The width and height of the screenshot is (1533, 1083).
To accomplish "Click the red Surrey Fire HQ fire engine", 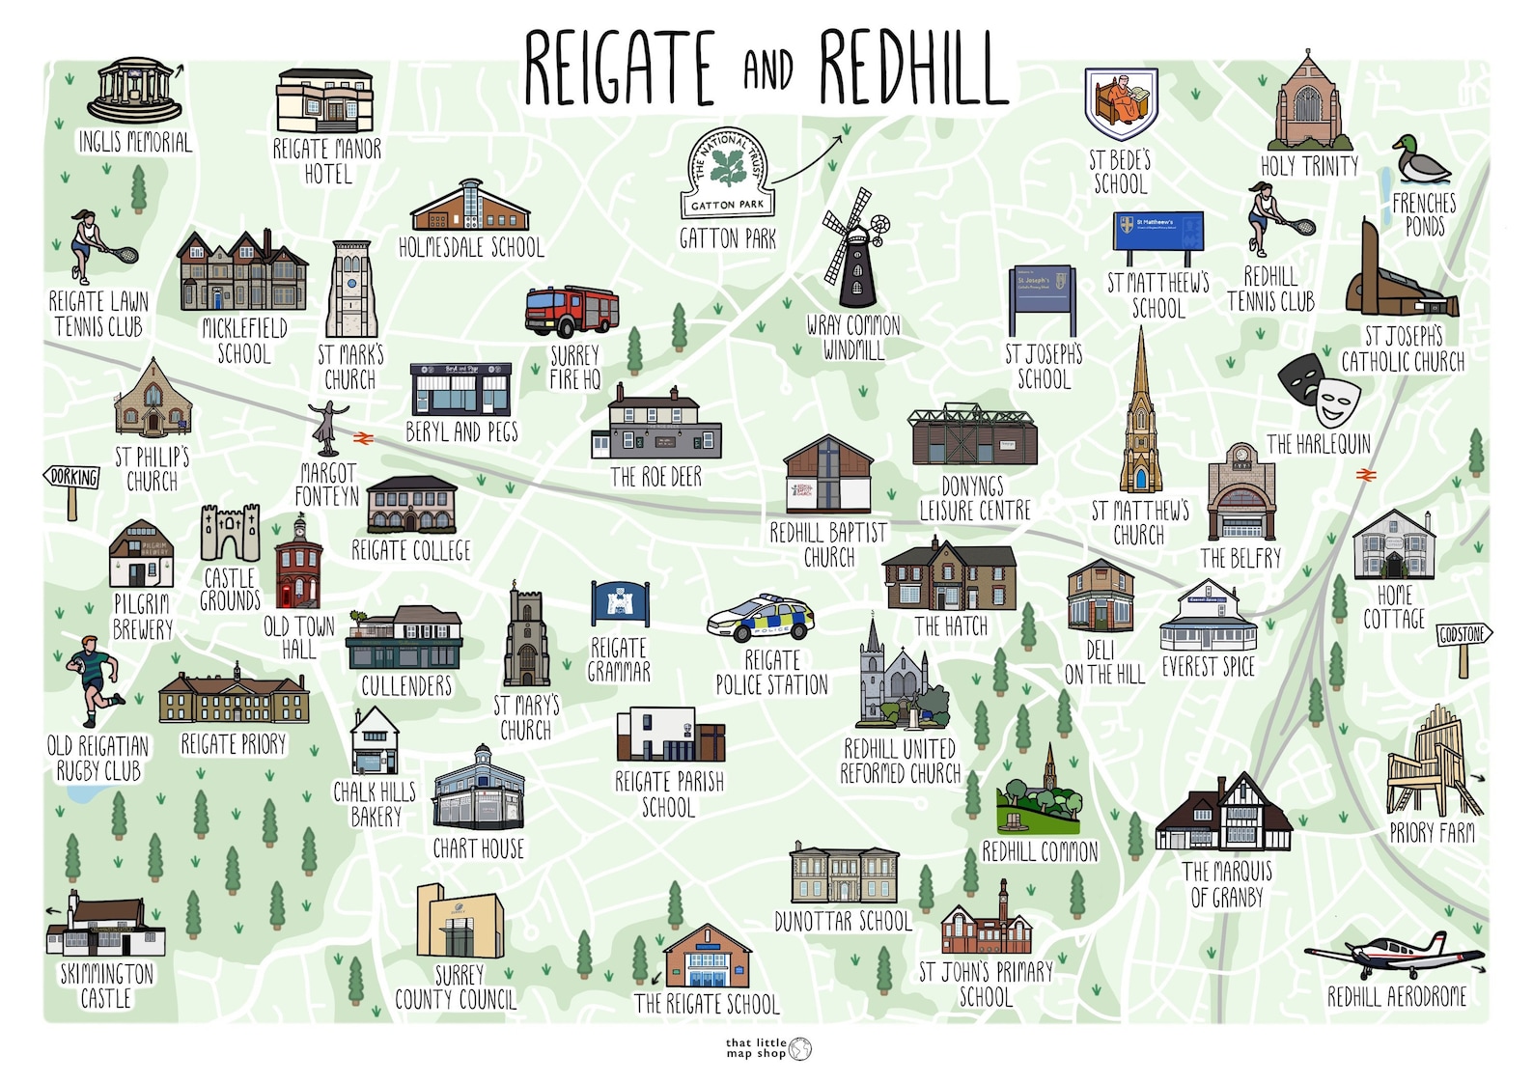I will (571, 311).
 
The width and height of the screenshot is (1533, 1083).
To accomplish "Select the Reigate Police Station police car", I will (761, 619).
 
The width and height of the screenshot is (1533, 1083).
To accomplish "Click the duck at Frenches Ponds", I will (1420, 160).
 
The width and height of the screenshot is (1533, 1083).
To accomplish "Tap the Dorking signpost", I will (72, 479).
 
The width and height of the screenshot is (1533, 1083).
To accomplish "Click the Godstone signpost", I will (1464, 636).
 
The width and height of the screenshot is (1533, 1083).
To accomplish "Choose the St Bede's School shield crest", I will (1121, 102).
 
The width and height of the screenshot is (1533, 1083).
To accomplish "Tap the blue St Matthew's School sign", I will (1157, 233).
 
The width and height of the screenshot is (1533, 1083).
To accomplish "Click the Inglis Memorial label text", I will (135, 143).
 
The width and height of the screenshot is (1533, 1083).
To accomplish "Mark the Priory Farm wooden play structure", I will (1433, 764).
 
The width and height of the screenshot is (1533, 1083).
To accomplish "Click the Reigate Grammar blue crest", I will (619, 603).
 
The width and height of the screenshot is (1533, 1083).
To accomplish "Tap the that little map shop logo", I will (768, 1048).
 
